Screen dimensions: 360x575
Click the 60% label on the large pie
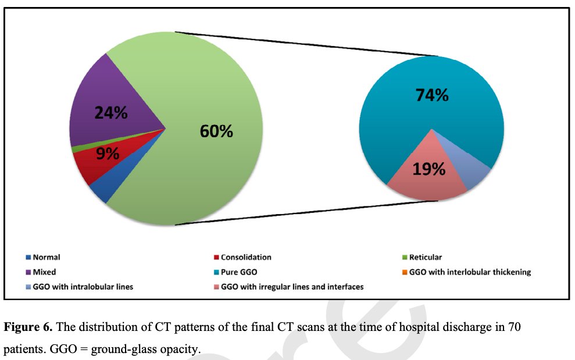(216, 131)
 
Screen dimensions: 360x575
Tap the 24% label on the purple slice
(111, 113)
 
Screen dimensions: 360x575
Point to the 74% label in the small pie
(431, 95)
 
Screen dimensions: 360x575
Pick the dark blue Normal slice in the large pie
(99, 192)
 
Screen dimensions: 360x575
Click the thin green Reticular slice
(74, 149)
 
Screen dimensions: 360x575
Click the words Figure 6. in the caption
(29, 327)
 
